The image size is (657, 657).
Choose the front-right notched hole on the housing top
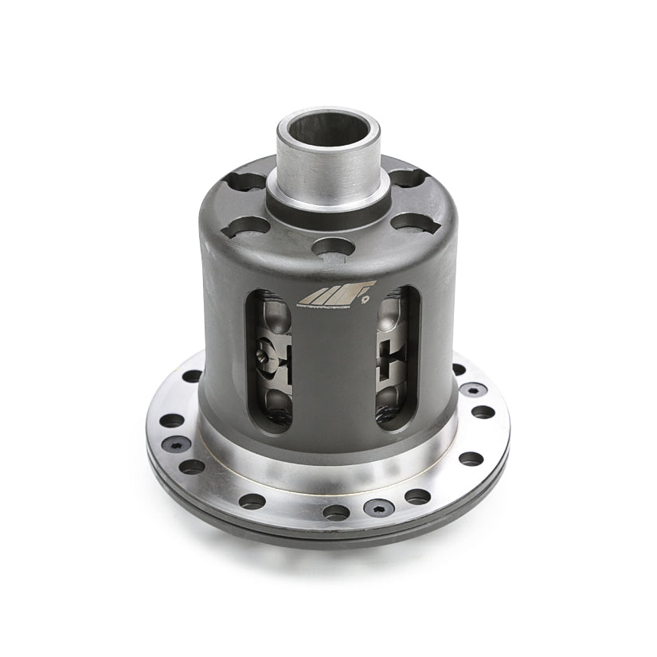point(409,224)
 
